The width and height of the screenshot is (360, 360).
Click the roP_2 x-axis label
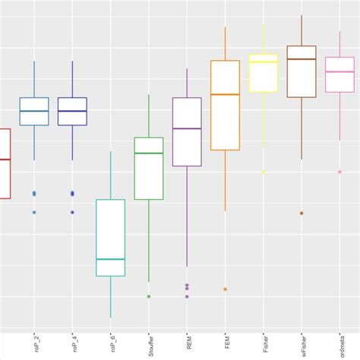click(x=35, y=343)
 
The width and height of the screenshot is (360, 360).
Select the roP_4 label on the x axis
click(x=73, y=343)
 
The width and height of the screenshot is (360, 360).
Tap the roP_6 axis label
click(x=112, y=343)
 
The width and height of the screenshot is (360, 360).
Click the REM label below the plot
click(x=188, y=343)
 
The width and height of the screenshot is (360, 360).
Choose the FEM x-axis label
click(x=226, y=343)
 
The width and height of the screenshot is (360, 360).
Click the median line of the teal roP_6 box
click(x=111, y=259)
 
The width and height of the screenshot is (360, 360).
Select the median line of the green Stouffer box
click(x=149, y=153)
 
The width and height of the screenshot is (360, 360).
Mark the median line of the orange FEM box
click(x=225, y=94)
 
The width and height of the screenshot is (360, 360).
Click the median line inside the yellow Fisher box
click(x=264, y=62)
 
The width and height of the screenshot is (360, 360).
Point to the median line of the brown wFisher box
click(x=302, y=59)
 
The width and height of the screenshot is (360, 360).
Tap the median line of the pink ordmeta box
click(x=339, y=71)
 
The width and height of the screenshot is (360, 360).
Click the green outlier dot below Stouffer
click(x=149, y=296)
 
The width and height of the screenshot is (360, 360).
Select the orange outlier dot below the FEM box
click(x=225, y=289)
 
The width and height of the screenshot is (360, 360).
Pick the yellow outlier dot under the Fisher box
click(x=264, y=172)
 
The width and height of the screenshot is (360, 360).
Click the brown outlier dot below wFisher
click(x=302, y=213)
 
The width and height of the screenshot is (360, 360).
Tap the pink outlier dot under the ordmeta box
click(x=339, y=171)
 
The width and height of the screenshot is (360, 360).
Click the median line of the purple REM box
click(x=187, y=128)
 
